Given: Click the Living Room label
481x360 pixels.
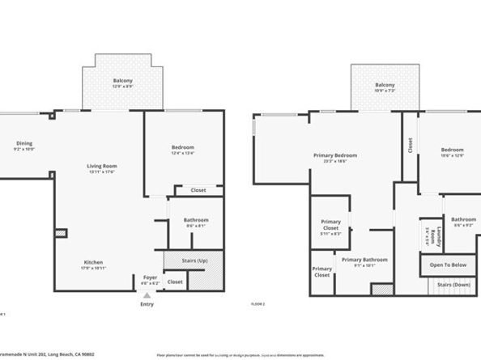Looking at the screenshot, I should tap(102, 166).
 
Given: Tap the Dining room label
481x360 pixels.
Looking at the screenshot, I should tap(23, 144).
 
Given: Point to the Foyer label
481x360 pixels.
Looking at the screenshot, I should tap(151, 277).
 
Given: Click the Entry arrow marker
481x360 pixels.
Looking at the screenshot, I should tap(147, 297).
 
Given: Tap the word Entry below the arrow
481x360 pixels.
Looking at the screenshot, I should tap(147, 305).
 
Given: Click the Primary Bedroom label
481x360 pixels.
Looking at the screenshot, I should tap(334, 155).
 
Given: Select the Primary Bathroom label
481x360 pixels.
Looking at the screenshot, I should tap(364, 260).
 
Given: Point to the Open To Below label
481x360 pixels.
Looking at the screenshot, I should tap(448, 265).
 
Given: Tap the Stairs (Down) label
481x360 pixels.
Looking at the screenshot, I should tap(454, 285).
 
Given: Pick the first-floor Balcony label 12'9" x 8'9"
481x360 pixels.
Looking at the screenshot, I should tap(123, 82).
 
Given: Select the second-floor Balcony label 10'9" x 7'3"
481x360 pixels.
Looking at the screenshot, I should tap(385, 85).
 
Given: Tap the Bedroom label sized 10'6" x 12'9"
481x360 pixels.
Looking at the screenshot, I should tap(452, 150).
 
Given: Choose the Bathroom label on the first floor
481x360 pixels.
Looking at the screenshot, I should tap(196, 220).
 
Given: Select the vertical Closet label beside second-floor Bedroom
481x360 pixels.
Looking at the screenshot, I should tap(410, 145).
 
